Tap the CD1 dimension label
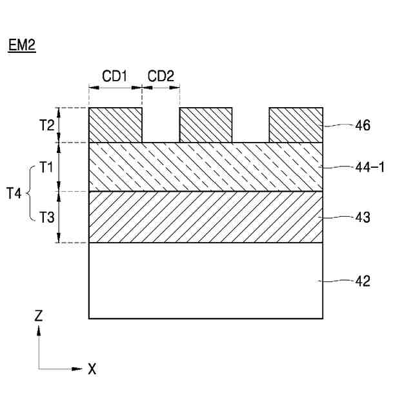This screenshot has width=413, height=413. click(114, 76)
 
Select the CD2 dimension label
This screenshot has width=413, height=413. click(161, 76)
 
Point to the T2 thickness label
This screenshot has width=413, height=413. click(46, 125)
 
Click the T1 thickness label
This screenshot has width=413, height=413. click(46, 168)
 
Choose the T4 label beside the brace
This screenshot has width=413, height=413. click(15, 192)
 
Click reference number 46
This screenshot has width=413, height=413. click(363, 125)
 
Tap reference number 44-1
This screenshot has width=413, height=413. click(370, 168)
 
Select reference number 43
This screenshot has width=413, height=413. click(363, 217)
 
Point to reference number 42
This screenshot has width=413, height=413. click(363, 281)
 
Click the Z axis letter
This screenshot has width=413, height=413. click(39, 316)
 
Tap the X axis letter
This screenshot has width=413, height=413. click(92, 369)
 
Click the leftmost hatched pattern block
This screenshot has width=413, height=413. click(115, 125)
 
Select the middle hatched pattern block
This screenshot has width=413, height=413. click(206, 125)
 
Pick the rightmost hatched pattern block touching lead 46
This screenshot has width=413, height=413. click(296, 125)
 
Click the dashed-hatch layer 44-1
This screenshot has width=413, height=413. click(206, 166)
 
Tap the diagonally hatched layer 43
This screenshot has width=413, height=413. click(206, 217)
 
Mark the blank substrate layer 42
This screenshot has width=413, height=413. click(206, 280)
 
